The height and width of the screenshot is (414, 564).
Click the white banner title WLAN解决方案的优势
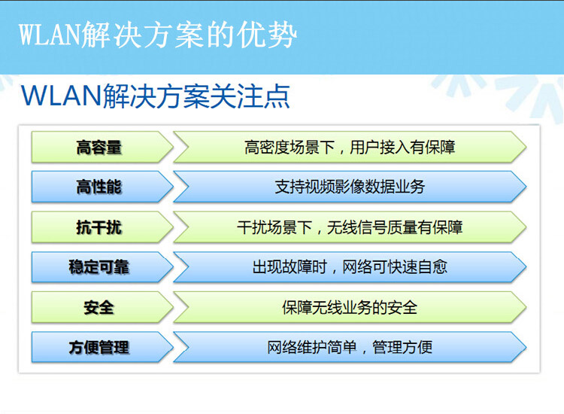158,35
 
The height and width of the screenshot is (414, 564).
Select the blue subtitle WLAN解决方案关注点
156,96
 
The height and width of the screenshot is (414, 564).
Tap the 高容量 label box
102,148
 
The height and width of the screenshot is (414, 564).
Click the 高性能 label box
102,187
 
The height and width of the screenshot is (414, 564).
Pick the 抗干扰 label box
102,227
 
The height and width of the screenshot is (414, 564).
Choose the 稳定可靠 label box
102,267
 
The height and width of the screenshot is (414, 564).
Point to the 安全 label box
102,307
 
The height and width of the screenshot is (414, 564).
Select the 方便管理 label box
102,348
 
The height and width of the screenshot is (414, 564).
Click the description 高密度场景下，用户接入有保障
350,148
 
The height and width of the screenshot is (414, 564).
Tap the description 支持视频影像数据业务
350,187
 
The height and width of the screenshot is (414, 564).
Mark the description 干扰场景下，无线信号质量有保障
350,227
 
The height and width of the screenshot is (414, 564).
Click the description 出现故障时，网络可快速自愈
350,267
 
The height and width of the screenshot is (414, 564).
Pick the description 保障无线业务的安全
350,307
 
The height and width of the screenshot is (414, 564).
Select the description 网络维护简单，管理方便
350,348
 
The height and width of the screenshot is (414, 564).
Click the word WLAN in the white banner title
50,35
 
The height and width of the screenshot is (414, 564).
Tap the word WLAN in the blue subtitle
62,96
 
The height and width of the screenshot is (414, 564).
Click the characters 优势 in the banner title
266,35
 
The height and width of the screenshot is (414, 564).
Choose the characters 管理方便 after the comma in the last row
402,348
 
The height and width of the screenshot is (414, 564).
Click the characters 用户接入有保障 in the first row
402,148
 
